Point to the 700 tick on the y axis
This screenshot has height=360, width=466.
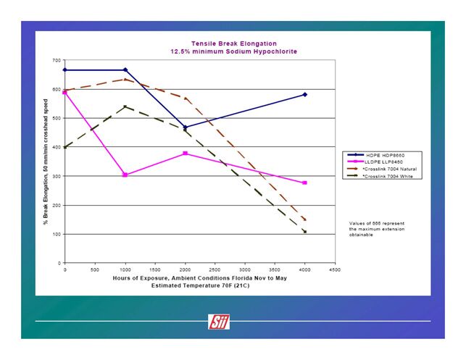(57, 60)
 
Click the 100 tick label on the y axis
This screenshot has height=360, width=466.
(57, 234)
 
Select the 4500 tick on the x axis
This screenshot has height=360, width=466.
(334, 269)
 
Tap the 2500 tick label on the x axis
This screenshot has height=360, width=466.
(215, 269)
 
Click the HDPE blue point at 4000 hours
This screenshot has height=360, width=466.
(305, 95)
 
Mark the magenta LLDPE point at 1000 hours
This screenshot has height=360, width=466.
(125, 175)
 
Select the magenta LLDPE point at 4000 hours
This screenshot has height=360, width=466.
(305, 183)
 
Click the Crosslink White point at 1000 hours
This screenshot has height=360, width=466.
(125, 107)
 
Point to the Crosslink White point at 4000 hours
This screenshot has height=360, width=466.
(305, 232)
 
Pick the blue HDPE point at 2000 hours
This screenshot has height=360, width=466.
(185, 127)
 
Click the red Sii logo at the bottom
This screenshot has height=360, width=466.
(218, 322)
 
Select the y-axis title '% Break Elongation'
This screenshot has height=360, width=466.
(46, 161)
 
